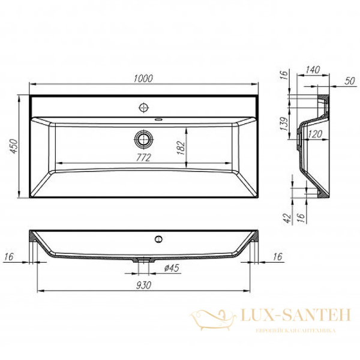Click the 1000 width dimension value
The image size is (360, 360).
click(x=144, y=79)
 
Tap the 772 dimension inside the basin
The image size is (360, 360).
click(x=143, y=157)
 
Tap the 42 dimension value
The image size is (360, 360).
click(x=286, y=215)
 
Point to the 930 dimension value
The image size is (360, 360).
click(x=144, y=285)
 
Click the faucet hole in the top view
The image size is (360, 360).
click(x=143, y=108)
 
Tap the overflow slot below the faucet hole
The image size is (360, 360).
click(x=158, y=120)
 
